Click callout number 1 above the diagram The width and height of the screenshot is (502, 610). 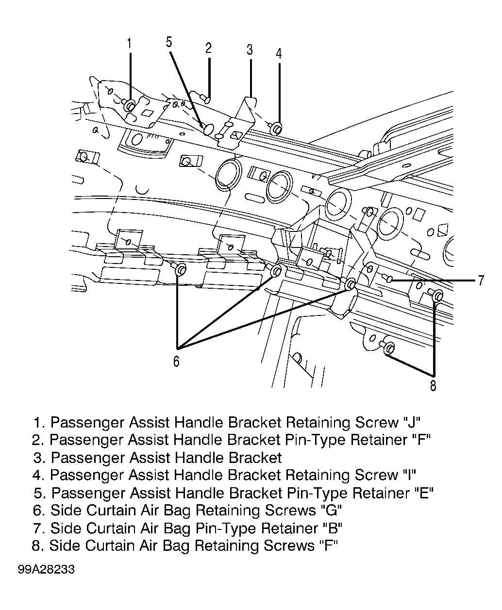pos(129,43)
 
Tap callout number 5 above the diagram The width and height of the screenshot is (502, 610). pos(169,42)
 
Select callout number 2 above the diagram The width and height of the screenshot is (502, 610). pos(208,48)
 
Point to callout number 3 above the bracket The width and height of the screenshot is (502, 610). pos(250,49)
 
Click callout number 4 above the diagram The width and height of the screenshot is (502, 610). pos(279,54)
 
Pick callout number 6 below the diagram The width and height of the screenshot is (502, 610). pos(176,361)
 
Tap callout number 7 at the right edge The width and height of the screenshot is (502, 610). pos(481,280)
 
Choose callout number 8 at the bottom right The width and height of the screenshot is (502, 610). pos(433,385)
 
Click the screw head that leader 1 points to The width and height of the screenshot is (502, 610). pos(130,106)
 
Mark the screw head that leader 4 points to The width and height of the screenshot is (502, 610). pos(277,129)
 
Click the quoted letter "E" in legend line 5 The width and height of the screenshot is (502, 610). pos(424,494)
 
